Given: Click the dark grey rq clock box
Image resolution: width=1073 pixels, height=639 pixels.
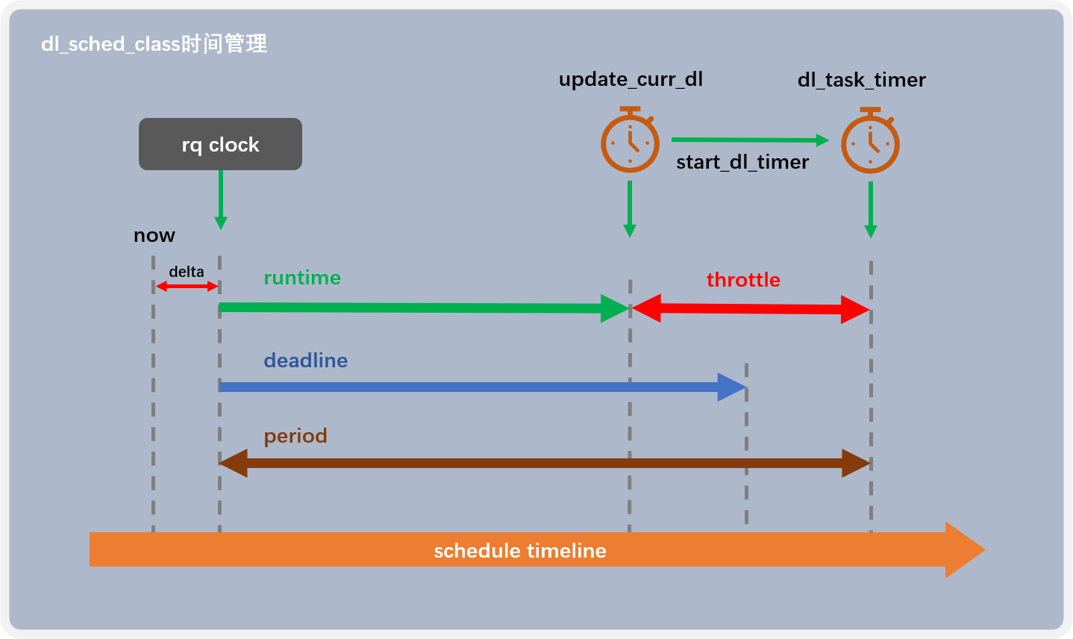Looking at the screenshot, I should tap(220, 144).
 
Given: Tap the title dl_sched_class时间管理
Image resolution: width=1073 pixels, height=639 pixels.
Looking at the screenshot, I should tap(154, 44).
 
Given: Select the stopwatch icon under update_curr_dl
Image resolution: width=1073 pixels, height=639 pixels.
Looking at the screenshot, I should tap(630, 141).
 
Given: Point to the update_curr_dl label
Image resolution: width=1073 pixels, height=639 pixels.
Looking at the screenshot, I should tap(631, 79).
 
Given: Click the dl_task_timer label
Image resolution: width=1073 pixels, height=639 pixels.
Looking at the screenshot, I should tap(861, 80).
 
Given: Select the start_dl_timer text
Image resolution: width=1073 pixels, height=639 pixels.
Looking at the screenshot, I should tap(742, 162).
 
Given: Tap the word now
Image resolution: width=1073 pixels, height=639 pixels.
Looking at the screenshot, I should tap(154, 236).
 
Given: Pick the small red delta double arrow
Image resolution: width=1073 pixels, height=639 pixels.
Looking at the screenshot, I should tap(187, 286).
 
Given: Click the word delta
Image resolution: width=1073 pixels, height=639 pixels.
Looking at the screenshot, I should tap(186, 272).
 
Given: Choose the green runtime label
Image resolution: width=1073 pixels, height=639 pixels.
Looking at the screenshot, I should tap(301, 278).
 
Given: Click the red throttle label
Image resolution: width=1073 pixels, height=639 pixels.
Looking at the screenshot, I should tap(743, 280).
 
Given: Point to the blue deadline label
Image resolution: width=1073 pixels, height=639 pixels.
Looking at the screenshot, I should tap(305, 361).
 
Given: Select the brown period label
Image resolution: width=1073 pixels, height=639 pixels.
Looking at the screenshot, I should tap(295, 436).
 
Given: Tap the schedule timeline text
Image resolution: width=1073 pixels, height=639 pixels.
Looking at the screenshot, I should tap(519, 551).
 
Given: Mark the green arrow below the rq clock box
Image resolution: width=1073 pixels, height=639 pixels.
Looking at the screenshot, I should tap(220, 199).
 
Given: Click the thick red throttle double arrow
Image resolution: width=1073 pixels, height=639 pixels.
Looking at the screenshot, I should tap(750, 309).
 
